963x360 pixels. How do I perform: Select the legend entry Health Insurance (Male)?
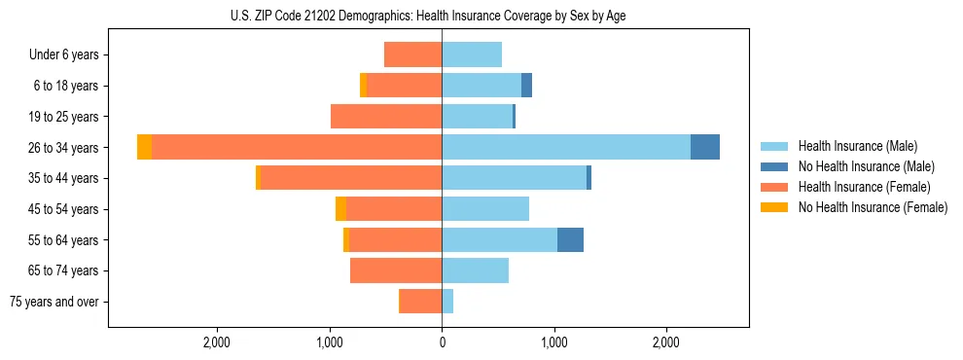(x=857, y=146)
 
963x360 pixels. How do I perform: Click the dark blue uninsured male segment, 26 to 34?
(x=705, y=147)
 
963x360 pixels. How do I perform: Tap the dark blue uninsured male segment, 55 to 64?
(x=570, y=239)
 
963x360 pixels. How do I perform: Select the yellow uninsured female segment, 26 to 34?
(x=144, y=147)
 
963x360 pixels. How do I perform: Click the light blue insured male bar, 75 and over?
(x=447, y=302)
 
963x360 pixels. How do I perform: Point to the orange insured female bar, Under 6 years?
(x=413, y=54)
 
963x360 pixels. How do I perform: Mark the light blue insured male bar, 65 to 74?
(x=476, y=270)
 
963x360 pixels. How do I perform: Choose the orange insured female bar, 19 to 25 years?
(x=386, y=117)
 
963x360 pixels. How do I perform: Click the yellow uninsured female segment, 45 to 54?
(x=340, y=209)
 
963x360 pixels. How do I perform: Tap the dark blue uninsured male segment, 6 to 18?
(x=526, y=86)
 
